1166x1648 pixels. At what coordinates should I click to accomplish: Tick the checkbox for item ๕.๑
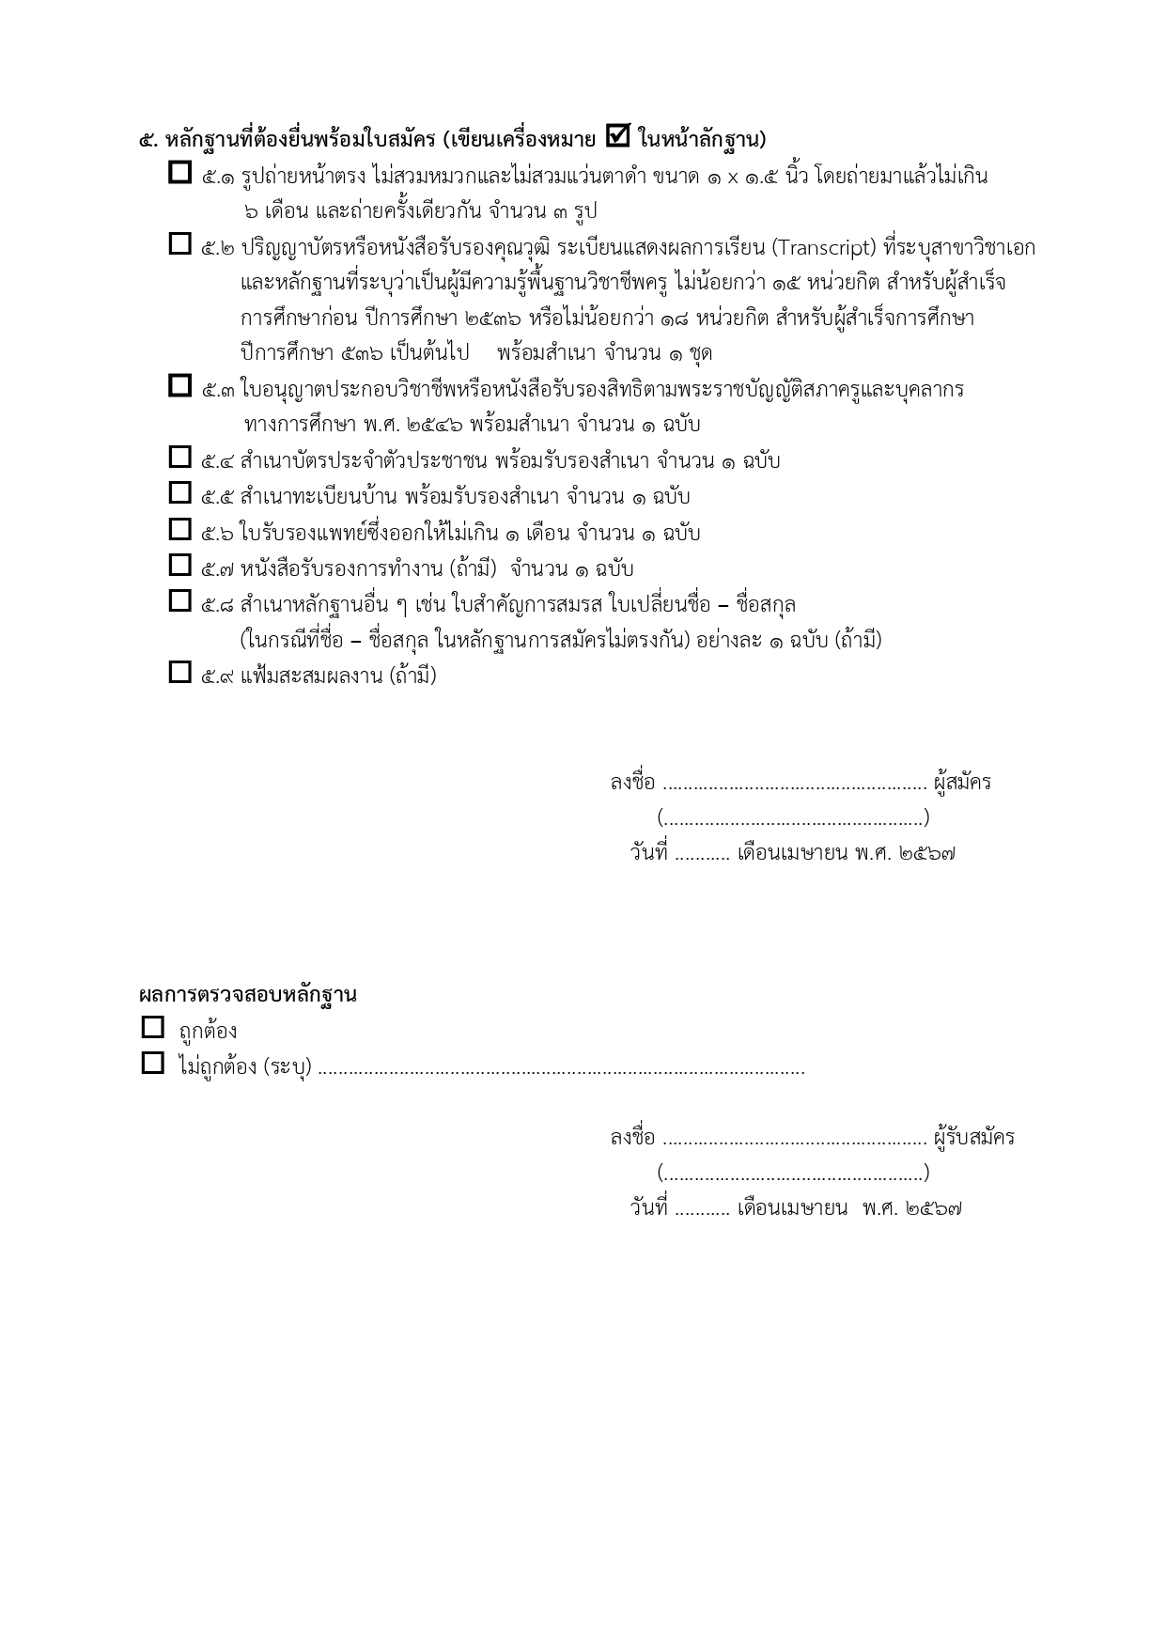click(179, 173)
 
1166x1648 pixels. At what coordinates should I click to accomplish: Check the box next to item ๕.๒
click(179, 244)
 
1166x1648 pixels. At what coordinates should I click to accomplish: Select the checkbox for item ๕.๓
click(179, 385)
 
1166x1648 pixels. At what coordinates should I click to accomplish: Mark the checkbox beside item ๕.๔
click(179, 458)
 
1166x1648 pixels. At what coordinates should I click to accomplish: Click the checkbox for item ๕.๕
click(179, 492)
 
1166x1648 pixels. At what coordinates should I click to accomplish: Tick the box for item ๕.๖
click(179, 529)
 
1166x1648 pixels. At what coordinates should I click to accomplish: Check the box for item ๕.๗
click(179, 565)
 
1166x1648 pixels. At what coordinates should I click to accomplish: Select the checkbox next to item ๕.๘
click(179, 600)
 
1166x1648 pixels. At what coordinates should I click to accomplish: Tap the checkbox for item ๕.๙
click(179, 673)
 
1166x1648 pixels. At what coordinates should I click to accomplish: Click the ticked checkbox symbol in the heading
click(617, 136)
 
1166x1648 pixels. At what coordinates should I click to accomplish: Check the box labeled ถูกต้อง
click(152, 1028)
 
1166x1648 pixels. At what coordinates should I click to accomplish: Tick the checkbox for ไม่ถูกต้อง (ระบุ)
click(152, 1064)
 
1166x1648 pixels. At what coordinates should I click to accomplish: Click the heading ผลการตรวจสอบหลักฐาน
click(248, 995)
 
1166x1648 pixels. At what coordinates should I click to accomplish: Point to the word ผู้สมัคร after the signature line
click(962, 783)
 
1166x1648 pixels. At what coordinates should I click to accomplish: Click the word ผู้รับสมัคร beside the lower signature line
click(974, 1138)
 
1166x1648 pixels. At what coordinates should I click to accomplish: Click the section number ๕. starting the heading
click(148, 141)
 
